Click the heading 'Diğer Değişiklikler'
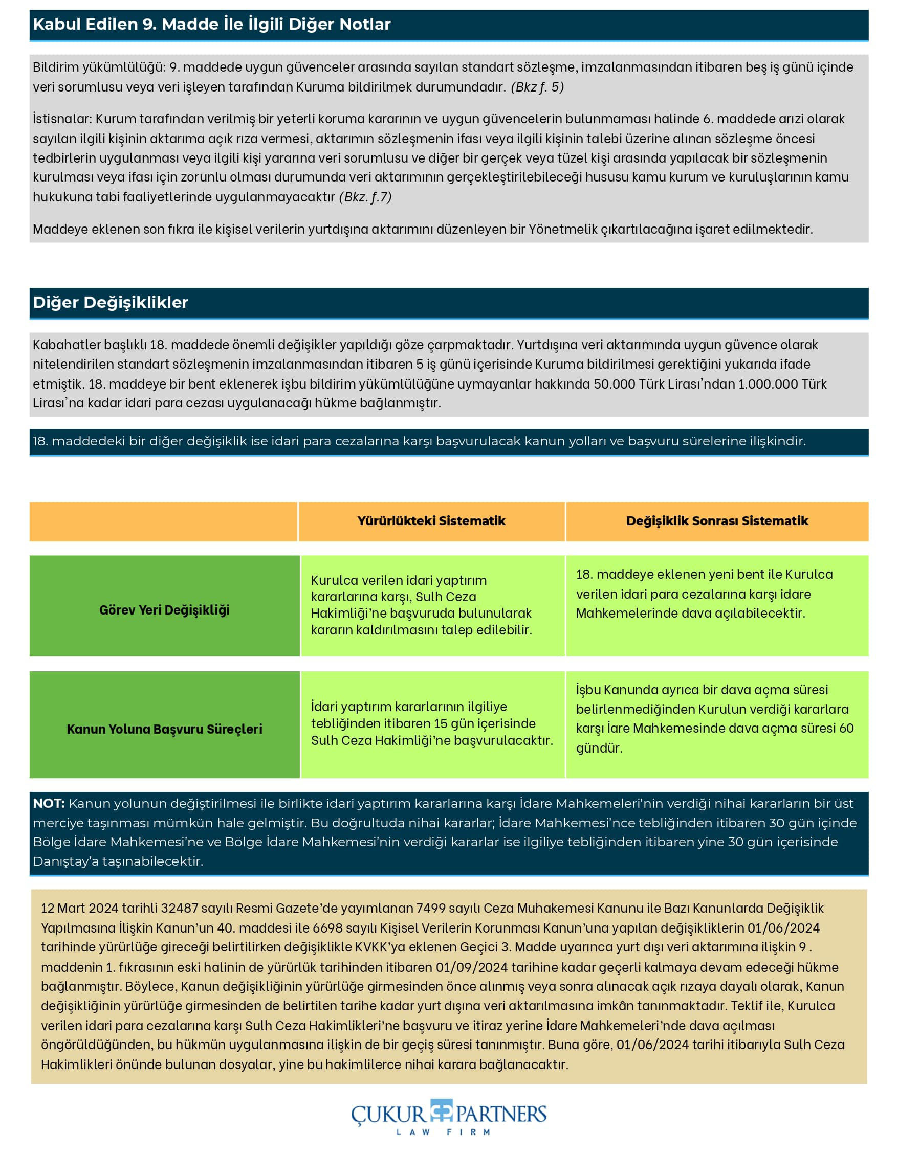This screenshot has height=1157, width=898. coord(110,302)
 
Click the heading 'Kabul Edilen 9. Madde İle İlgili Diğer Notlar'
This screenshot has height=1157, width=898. coord(211,25)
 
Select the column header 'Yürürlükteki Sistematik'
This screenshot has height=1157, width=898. coord(431,521)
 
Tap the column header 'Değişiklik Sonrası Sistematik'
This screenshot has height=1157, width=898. coord(717,521)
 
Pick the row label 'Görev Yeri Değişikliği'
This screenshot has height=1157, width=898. coord(164,610)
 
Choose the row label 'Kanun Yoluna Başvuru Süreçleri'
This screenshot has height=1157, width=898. coord(164,729)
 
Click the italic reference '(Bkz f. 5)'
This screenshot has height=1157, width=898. coord(537,87)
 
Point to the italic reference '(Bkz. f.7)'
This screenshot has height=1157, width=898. coord(365,196)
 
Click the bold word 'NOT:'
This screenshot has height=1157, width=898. coord(49,803)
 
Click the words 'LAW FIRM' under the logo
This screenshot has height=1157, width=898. coord(443,1132)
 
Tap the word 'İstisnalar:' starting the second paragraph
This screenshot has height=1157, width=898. coord(62,118)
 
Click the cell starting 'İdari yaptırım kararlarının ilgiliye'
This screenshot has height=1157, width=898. coord(431,723)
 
